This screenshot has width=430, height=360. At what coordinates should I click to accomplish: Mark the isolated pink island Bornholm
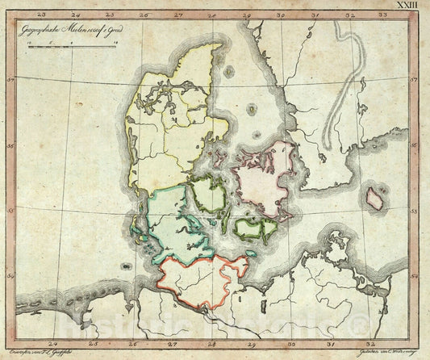(375, 198)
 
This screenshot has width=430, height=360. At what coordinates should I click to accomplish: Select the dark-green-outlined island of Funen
(209, 196)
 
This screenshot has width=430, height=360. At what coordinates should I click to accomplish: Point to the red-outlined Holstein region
(202, 278)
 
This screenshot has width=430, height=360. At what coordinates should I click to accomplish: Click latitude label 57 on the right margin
(415, 80)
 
